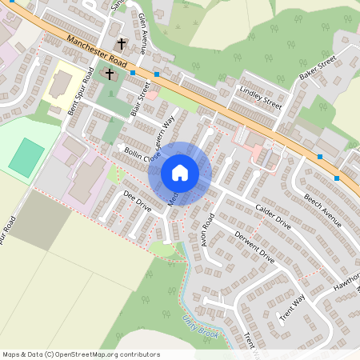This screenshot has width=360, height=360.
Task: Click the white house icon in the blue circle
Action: pyautogui.click(x=179, y=172)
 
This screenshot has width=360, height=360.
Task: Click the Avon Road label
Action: pyautogui.click(x=209, y=229)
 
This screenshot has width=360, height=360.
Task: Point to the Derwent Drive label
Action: pyautogui.click(x=254, y=248)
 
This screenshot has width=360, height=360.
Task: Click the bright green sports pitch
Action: pyautogui.click(x=27, y=158)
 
